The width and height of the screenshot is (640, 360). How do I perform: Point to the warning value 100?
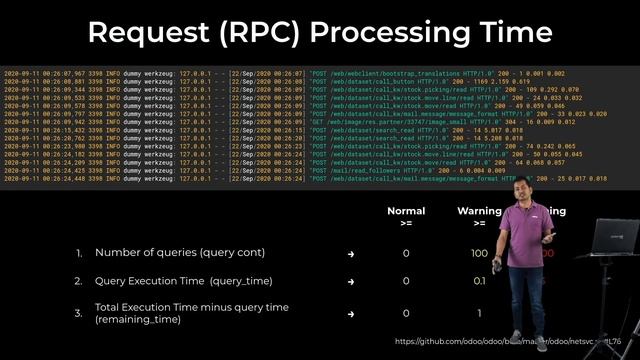(479, 254)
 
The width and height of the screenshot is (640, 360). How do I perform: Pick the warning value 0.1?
(479, 283)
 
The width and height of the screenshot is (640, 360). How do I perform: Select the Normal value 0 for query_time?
(405, 283)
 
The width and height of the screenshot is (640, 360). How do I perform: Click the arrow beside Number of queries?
(350, 254)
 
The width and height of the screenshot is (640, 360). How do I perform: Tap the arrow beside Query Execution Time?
(350, 283)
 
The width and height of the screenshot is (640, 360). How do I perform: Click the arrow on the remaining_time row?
(350, 313)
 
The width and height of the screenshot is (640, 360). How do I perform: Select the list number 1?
(80, 254)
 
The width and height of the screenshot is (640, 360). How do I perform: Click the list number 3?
(80, 313)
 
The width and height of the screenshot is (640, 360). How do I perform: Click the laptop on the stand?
(613, 239)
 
